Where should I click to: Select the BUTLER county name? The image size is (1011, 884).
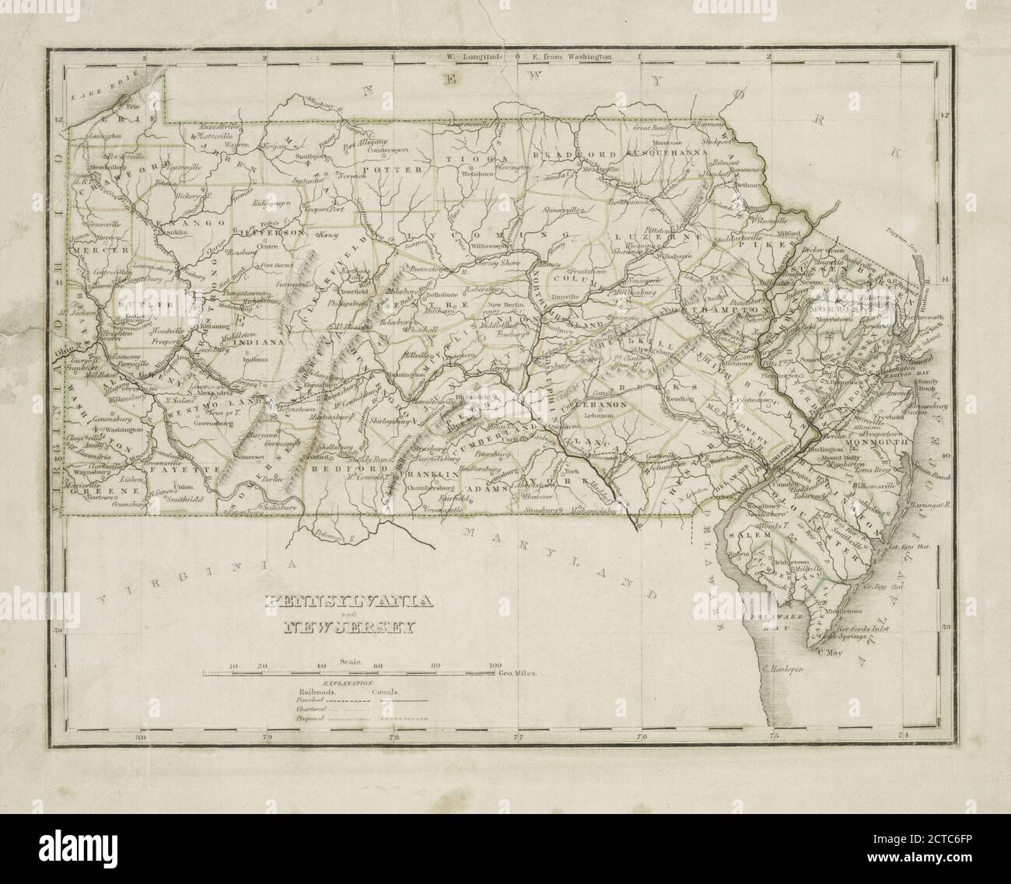click(x=139, y=306)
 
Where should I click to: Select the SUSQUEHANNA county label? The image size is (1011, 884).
click(x=673, y=153)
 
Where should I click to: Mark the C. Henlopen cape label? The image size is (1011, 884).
click(x=789, y=666)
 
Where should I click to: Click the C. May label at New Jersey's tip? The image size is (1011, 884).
click(x=831, y=654)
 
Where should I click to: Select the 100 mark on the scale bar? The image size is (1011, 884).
click(x=494, y=666)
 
